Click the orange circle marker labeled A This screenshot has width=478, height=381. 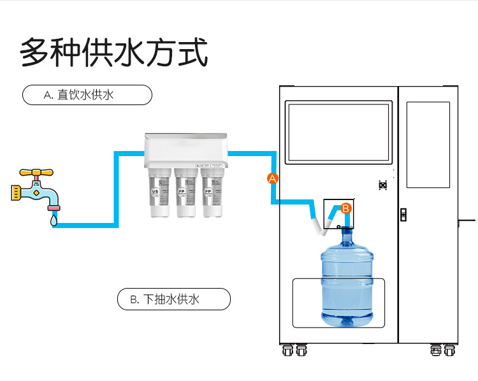[273, 178]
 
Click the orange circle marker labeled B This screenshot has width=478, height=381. [345, 208]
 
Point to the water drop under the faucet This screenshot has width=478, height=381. [54, 220]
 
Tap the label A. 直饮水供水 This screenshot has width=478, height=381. [87, 95]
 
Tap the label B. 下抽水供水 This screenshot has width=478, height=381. [173, 299]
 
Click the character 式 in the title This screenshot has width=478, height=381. [192, 52]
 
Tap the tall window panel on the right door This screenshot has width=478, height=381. [428, 143]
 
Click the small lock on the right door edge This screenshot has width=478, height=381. [403, 214]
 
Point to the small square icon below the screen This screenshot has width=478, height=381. [383, 185]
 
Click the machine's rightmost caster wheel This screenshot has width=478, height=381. [450, 350]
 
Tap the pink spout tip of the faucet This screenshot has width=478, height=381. [54, 207]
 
